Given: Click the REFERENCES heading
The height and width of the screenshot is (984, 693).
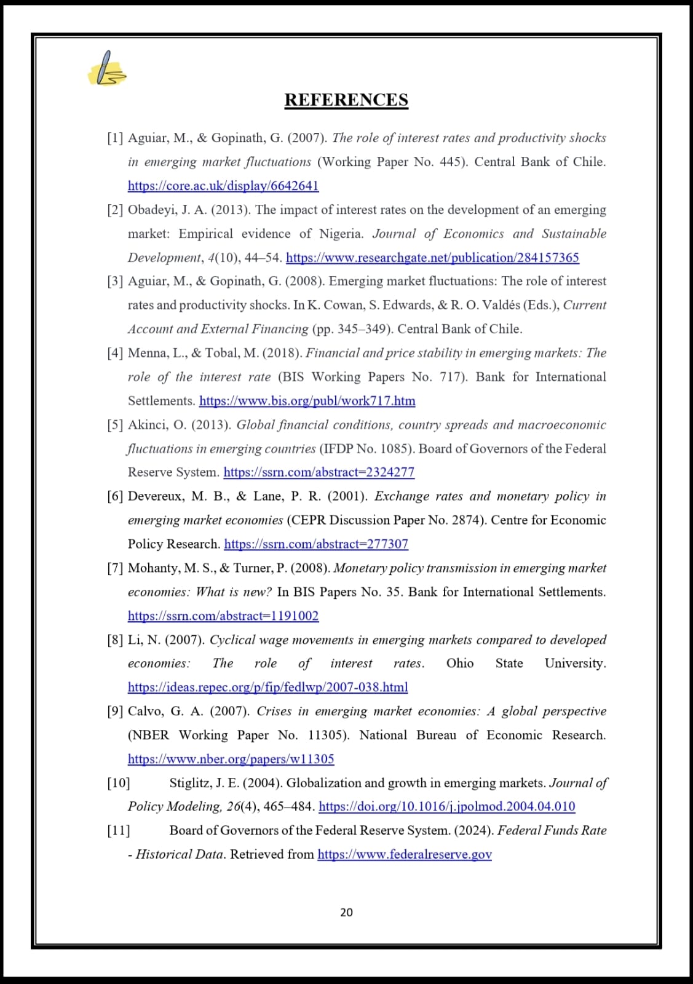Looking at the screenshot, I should coord(346,100).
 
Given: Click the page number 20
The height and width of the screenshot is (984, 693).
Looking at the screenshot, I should coord(346,912).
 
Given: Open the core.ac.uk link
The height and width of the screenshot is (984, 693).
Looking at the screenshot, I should coord(223,185).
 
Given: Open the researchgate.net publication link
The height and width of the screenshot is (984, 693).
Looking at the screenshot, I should coord(432,257).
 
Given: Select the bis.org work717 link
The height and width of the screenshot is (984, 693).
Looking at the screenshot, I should coord(307,401).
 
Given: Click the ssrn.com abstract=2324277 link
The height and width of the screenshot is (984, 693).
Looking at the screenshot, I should coord(319,472).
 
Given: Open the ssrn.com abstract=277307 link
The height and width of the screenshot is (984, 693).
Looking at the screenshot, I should coord(316,544).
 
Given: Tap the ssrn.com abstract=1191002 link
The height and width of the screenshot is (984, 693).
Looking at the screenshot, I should coord(223,616).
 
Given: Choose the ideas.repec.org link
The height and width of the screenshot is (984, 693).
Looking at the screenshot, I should coord(267,687).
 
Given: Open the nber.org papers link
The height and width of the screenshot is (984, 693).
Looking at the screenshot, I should coord(231,759).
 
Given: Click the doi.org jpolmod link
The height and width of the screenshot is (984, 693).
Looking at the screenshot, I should coord(446,806).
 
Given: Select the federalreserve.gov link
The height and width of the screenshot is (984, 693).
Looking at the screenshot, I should coord(404,854).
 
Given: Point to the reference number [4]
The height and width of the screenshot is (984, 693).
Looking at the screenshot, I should coord(115,353).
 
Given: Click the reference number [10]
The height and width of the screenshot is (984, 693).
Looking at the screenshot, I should coord(118,783).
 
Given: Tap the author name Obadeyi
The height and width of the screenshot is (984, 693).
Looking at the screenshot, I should coord(152,210).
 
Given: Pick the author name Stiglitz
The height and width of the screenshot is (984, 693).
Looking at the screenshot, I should coord(189,783).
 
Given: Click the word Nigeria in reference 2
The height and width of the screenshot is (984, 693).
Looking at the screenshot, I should coord(341,234).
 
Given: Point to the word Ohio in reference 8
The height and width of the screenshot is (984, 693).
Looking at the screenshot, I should coord(460,663).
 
